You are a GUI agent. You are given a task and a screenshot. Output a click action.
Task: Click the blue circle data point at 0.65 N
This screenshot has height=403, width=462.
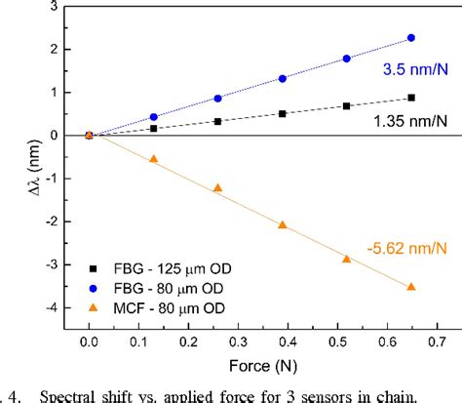click(410, 38)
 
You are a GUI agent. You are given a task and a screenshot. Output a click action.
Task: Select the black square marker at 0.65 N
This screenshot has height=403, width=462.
click(410, 98)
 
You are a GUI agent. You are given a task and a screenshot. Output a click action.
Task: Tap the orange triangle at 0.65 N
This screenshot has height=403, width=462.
click(410, 286)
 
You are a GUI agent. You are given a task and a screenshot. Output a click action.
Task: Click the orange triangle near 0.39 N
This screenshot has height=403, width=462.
click(283, 224)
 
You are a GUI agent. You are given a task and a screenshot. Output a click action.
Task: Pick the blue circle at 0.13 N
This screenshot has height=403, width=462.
click(153, 117)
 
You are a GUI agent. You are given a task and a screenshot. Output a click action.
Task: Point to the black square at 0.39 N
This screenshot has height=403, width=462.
click(283, 113)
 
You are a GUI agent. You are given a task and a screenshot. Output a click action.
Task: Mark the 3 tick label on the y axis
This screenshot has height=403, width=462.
click(54, 7)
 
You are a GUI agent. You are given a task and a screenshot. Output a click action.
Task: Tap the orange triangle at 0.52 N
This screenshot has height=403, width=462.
click(346, 259)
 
